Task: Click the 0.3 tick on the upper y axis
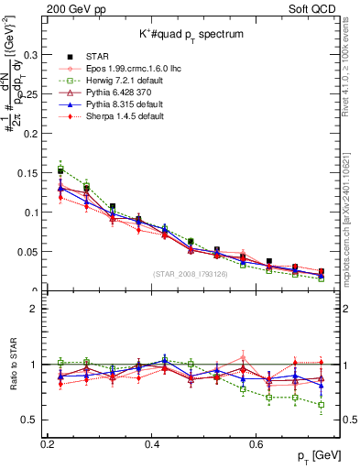30,55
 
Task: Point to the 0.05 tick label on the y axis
27,252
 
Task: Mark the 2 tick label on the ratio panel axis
36,309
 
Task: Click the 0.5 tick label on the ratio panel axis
30,420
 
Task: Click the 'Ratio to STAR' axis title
13,365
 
